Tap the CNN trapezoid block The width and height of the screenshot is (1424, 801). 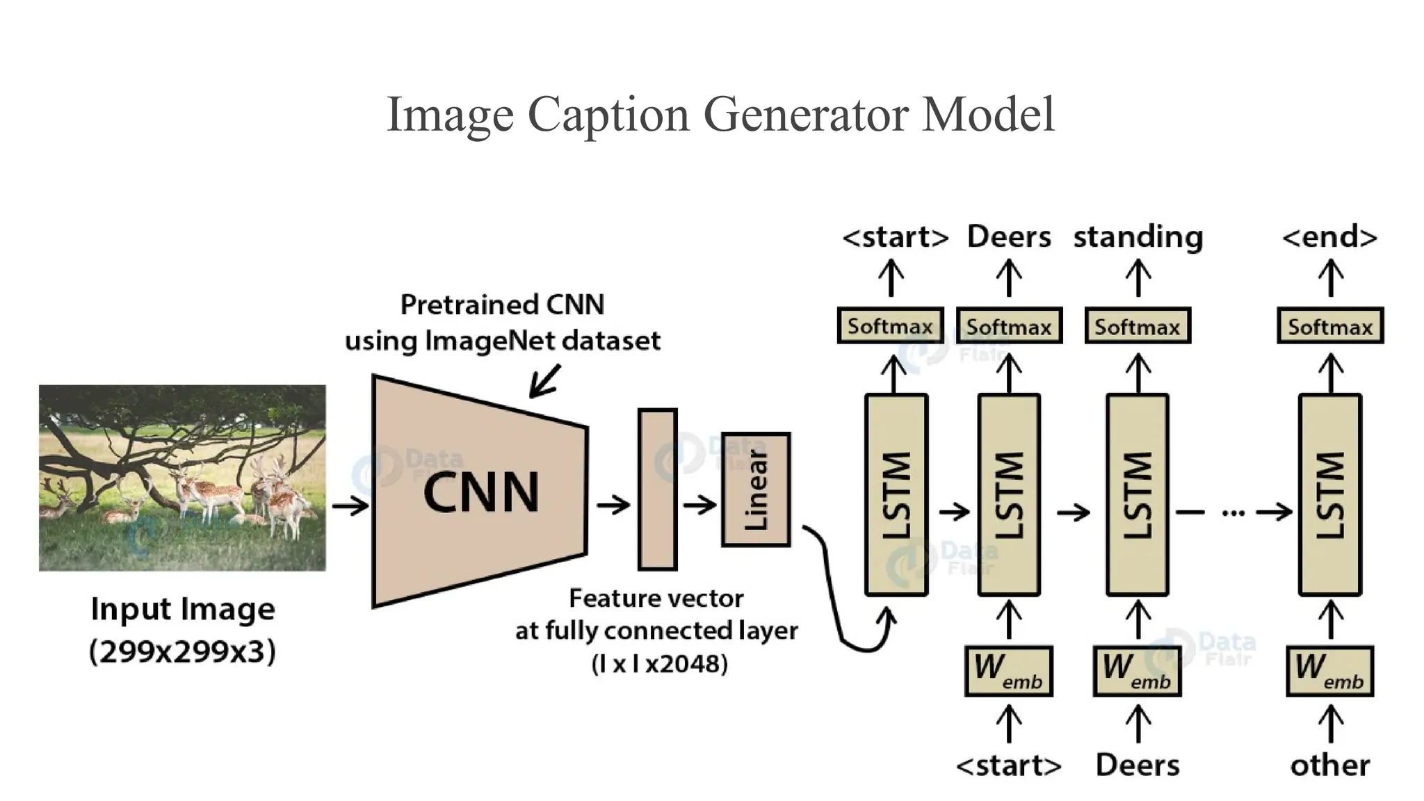coord(480,491)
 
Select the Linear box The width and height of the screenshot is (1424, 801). coord(756,489)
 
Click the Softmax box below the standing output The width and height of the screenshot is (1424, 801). coord(1138,326)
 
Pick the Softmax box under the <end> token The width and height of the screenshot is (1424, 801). coord(1330,326)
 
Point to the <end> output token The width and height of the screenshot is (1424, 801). coord(1329,237)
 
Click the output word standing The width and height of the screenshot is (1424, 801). coord(1138,237)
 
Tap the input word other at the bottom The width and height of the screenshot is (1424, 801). coord(1329,765)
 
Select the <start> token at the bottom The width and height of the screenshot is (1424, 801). coord(1008,765)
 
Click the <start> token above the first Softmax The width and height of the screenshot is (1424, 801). coord(895,237)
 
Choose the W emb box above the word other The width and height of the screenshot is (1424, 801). coord(1329,671)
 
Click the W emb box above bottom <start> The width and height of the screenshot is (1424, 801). coord(1008,671)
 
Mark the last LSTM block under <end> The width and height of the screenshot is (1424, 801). coord(1329,494)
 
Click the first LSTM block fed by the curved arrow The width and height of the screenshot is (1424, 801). coord(896,494)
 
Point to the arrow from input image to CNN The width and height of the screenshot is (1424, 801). coord(350,505)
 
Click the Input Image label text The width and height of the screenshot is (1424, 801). coord(183,609)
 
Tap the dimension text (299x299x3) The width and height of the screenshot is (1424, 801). coord(183,652)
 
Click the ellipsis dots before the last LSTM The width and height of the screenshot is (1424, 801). coord(1233,513)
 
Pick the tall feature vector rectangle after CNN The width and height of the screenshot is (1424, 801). coord(657,489)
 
